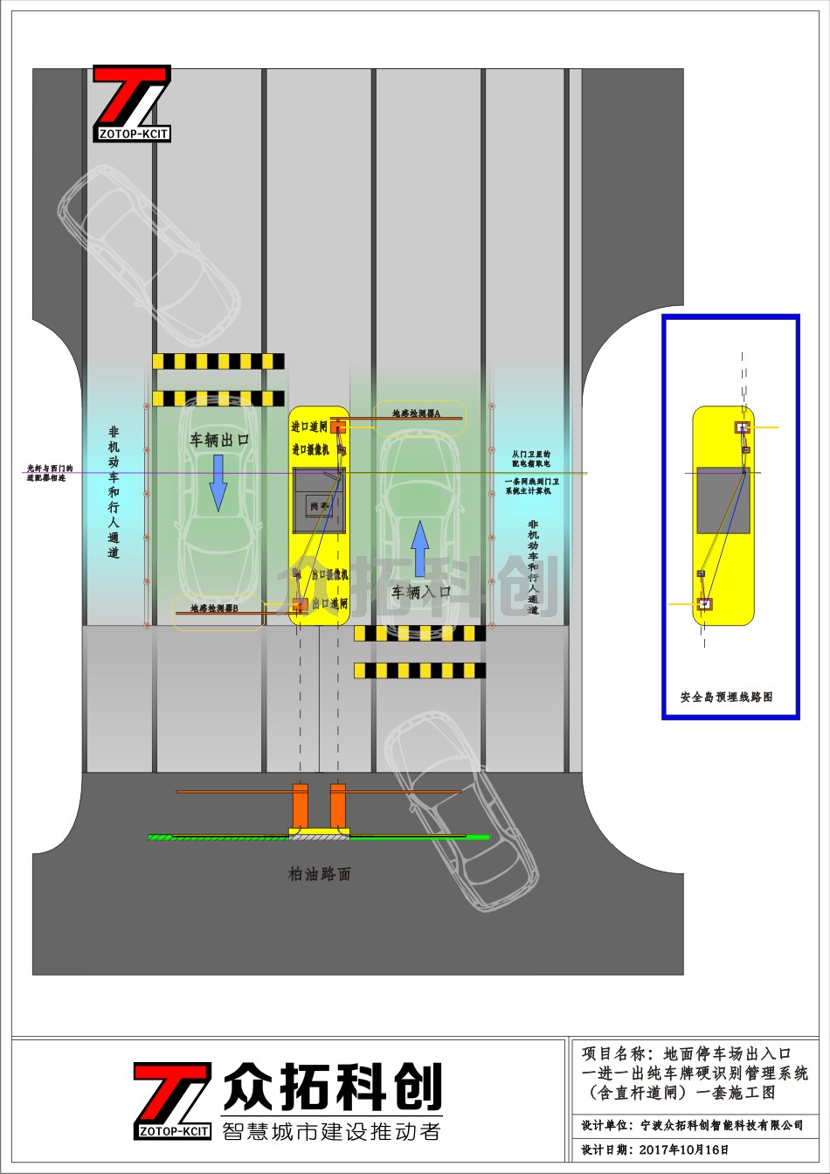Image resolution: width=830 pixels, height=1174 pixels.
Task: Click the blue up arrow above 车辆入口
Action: click(x=420, y=547)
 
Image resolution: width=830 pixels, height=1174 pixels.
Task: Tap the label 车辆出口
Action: click(x=219, y=441)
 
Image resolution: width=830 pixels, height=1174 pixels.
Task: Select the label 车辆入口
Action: click(x=421, y=592)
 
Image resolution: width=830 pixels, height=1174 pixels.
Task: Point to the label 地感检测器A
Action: click(x=415, y=413)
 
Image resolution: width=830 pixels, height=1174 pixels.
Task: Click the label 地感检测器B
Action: click(x=214, y=607)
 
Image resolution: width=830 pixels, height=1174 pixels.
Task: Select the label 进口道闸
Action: click(x=309, y=427)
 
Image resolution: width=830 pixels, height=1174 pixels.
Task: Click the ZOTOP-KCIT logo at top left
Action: click(x=132, y=102)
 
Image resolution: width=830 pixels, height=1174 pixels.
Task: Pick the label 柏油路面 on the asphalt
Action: click(x=320, y=873)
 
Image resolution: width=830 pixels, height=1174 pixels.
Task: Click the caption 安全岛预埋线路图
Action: click(x=726, y=698)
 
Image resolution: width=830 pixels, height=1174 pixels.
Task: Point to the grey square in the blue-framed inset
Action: click(x=723, y=501)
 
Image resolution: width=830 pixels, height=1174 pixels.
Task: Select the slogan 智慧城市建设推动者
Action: click(x=332, y=1131)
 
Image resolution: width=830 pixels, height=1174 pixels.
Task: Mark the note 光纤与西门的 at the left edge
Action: click(x=50, y=468)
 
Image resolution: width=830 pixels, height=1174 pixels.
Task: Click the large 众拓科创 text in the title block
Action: click(x=333, y=1087)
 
